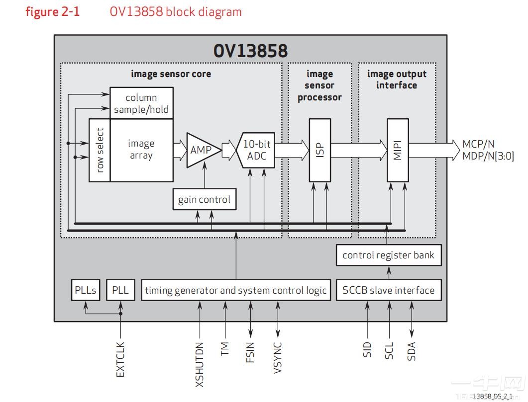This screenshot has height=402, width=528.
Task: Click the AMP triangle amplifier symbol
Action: pos(201,150)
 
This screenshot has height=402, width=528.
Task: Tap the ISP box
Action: pos(319,150)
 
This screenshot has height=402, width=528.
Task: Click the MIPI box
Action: pos(398,150)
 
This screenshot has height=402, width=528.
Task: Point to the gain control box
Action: pos(204,200)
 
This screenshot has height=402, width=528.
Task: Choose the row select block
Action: pos(100,150)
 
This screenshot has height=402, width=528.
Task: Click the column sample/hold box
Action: pos(141,103)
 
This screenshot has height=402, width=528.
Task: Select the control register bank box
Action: pos(388,255)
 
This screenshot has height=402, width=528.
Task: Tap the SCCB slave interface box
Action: pos(388,290)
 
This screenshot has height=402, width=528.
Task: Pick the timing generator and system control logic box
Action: pos(236,290)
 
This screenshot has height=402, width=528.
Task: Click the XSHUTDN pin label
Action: pos(200,364)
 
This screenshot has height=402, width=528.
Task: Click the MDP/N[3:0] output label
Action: pos(488,156)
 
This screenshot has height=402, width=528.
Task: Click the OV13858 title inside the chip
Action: pos(250,51)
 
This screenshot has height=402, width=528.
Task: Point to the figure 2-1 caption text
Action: pos(52,12)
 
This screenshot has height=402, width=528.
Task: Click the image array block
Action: pos(141,150)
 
